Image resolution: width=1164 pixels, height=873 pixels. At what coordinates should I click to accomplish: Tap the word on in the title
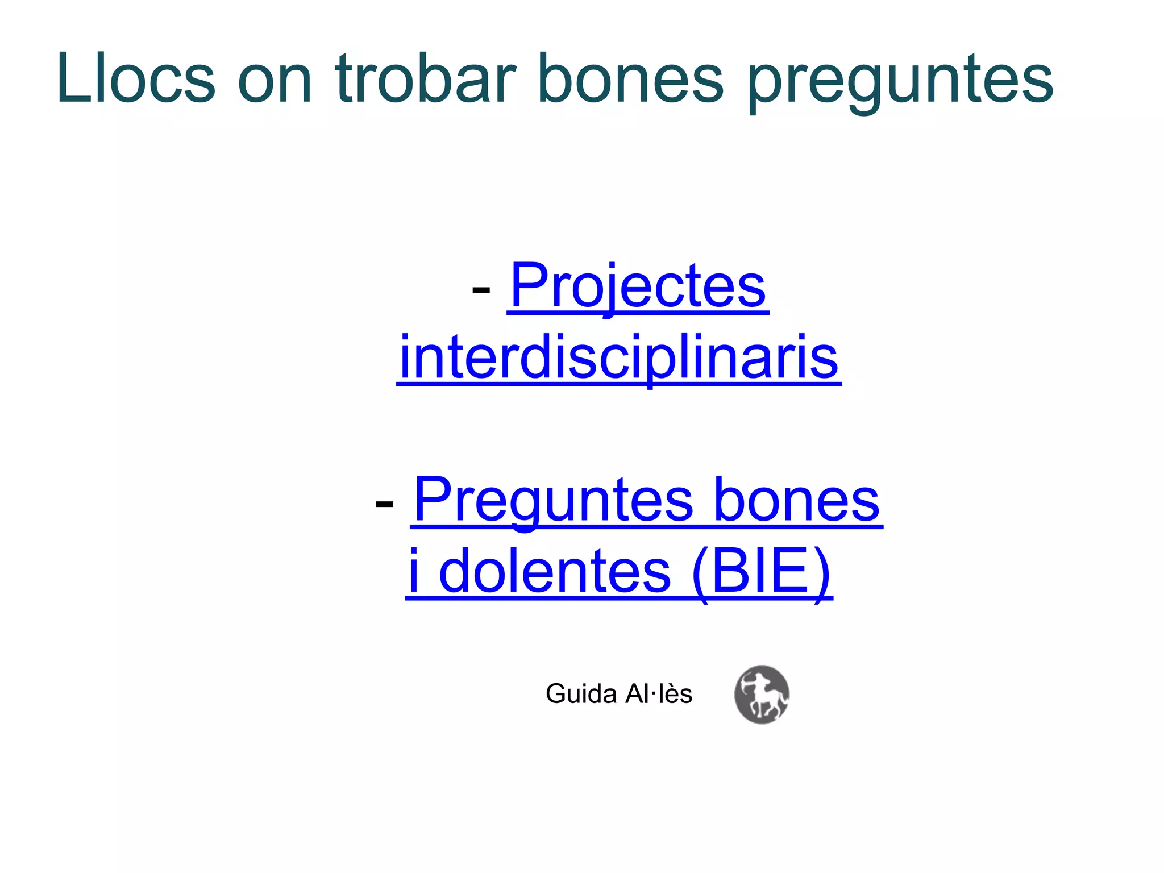[x=275, y=80]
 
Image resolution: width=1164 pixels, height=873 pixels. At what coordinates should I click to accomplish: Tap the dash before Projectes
[x=481, y=290]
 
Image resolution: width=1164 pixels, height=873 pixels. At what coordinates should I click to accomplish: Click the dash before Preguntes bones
[x=384, y=504]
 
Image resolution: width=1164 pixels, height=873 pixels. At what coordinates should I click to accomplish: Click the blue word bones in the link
[x=796, y=500]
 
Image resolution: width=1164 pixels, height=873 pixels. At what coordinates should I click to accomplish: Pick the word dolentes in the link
[x=555, y=572]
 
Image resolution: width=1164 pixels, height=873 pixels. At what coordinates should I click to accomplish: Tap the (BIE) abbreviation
[x=762, y=572]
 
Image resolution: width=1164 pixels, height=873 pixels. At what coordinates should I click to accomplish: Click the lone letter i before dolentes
[x=414, y=571]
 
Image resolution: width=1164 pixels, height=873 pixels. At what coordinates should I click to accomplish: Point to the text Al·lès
[x=659, y=694]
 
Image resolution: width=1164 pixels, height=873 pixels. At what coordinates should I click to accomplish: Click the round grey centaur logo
[x=762, y=695]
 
